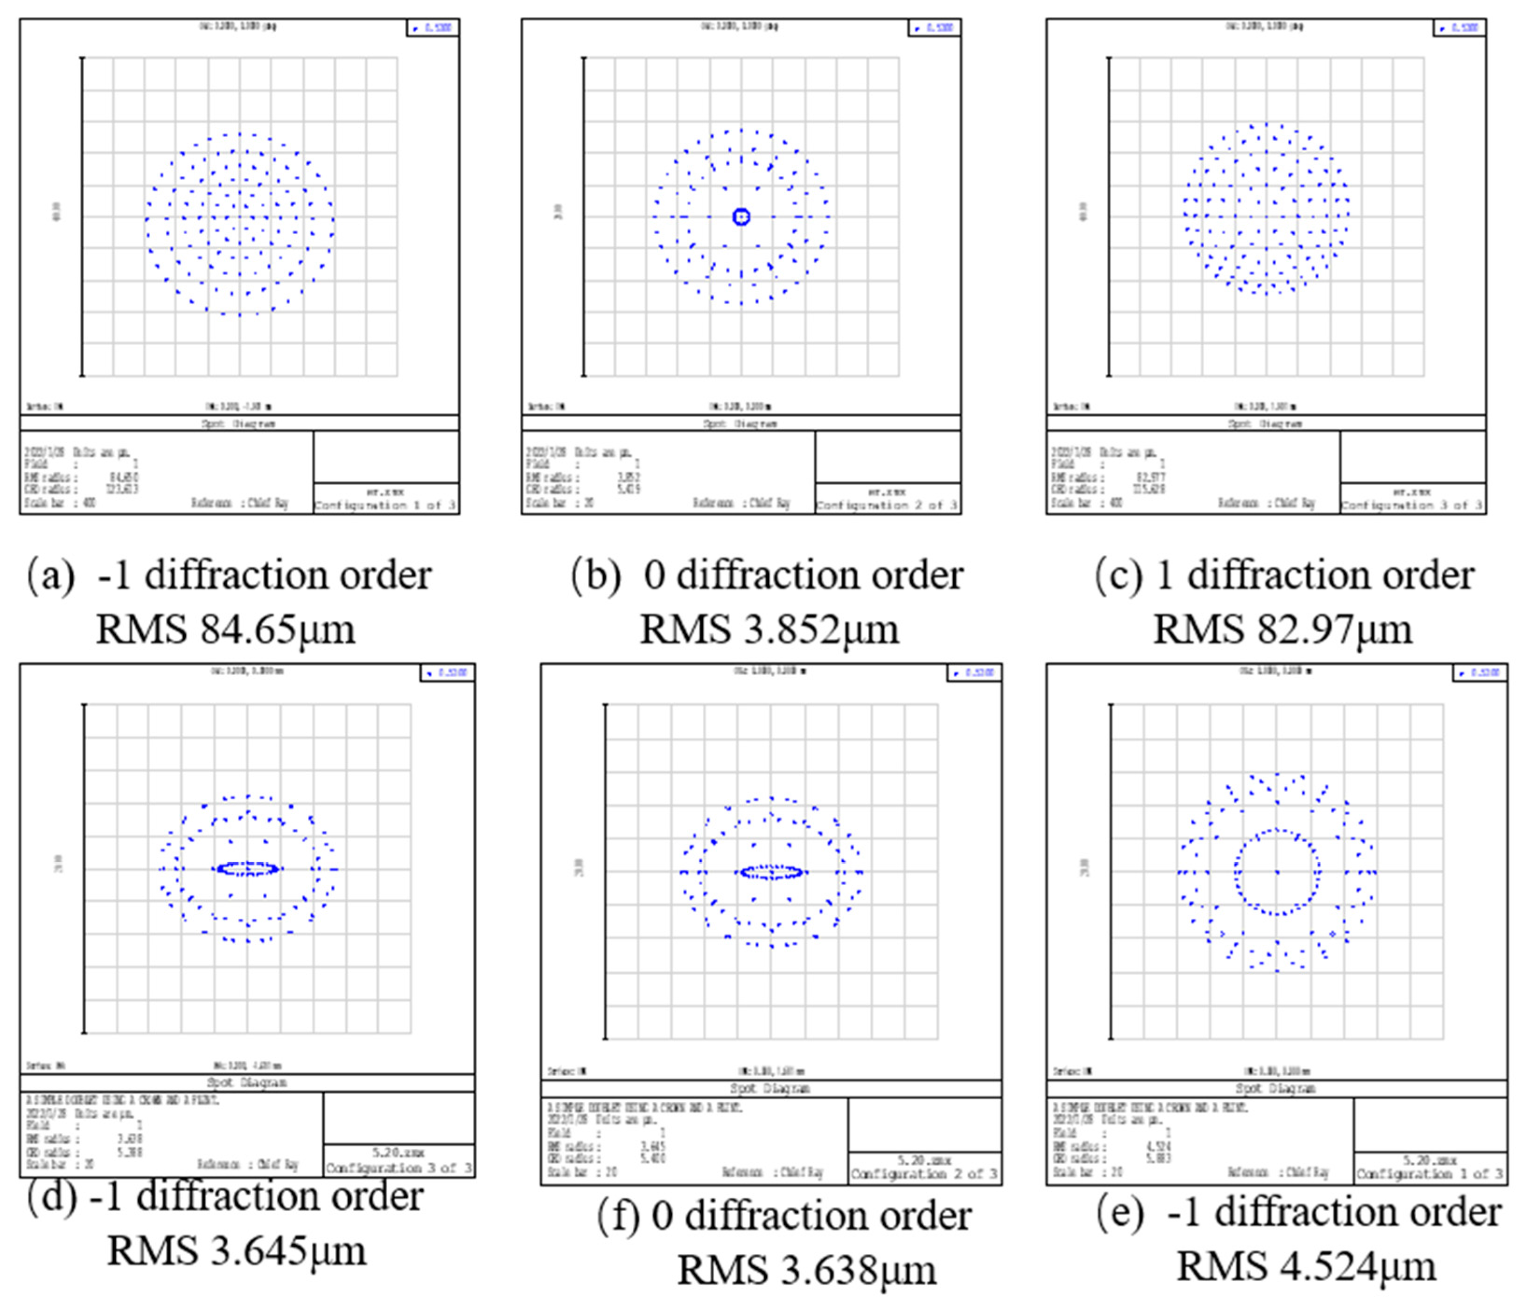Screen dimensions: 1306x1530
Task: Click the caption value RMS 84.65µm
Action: click(225, 629)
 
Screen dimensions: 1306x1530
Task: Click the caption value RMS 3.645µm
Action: click(236, 1250)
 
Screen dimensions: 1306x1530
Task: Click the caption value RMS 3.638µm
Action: click(806, 1270)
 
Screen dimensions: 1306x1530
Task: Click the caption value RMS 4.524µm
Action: click(1306, 1265)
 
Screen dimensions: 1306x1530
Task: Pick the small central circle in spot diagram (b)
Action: click(741, 217)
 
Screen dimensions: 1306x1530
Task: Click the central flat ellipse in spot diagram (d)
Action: click(248, 869)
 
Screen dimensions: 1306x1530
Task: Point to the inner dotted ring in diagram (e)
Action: click(1278, 831)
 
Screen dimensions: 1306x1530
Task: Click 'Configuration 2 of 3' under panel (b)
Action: click(887, 506)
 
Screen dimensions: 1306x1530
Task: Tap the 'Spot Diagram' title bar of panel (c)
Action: click(1265, 424)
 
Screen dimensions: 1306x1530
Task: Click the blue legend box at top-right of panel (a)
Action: click(433, 28)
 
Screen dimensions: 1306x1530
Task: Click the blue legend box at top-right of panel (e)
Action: click(1480, 672)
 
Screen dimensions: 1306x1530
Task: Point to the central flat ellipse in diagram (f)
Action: click(772, 872)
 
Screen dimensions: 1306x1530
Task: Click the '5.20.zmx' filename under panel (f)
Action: click(924, 1160)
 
